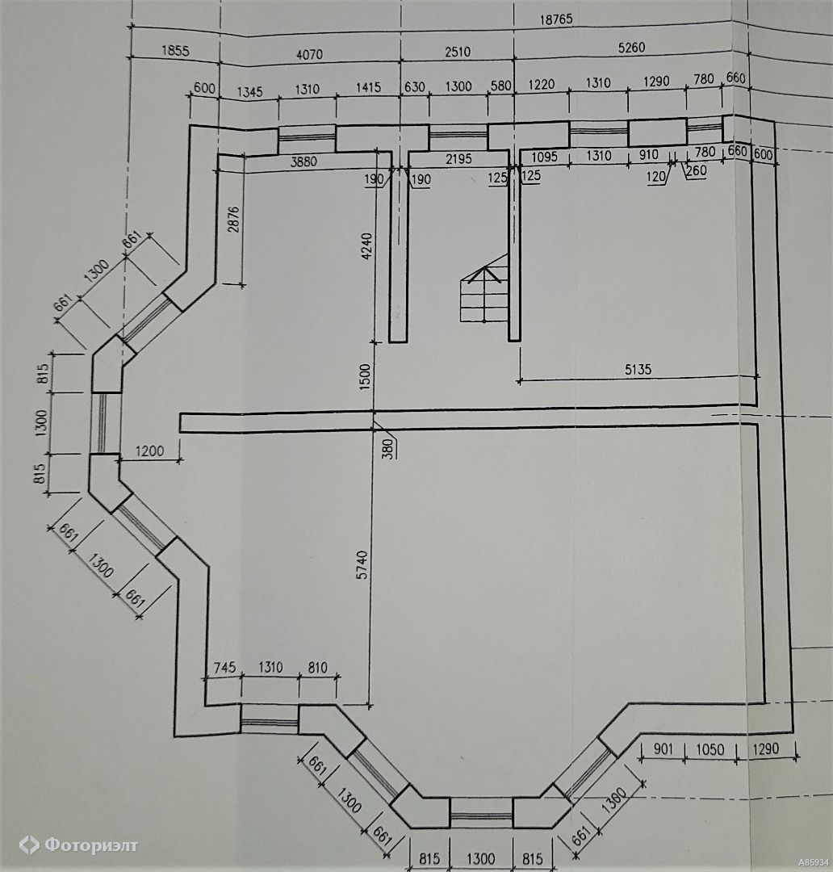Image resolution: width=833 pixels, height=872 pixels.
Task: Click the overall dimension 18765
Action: (555, 19)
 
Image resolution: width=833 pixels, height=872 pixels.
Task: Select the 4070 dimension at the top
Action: (309, 55)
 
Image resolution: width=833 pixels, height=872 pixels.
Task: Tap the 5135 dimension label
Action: (638, 369)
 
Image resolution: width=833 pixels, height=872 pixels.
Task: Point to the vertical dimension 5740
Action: (362, 564)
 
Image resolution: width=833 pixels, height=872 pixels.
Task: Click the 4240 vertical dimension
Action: (366, 246)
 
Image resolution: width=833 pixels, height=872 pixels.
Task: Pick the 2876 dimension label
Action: (233, 219)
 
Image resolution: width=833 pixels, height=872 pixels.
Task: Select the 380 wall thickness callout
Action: (389, 447)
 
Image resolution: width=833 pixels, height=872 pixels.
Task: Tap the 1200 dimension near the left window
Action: (149, 451)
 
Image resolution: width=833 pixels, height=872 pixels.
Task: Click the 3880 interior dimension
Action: (303, 161)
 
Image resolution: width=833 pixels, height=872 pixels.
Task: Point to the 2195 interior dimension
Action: (458, 159)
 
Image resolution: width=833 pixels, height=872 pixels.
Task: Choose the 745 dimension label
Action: (224, 667)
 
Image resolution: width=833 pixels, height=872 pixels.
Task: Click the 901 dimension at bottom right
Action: (663, 749)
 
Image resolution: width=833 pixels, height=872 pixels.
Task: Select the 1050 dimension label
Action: (710, 749)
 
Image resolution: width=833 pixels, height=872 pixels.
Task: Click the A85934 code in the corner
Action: (814, 862)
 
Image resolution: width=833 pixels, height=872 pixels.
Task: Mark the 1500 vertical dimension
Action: (365, 376)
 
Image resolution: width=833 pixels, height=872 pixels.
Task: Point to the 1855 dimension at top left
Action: (175, 51)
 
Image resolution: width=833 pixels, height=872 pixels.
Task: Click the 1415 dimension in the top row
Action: (368, 87)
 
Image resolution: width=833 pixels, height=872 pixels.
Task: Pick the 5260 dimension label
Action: (631, 48)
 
